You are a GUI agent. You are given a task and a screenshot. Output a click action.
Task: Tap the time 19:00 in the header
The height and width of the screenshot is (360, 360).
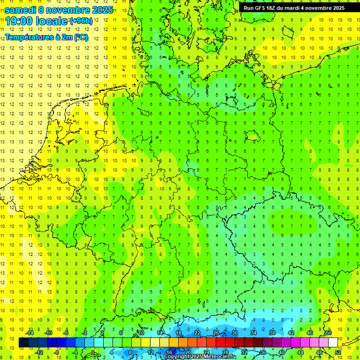pos(19,21)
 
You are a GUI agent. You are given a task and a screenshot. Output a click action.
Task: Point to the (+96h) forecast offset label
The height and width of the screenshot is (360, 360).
pos(81,21)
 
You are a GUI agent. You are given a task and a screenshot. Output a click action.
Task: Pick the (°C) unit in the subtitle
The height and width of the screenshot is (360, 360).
pos(80,37)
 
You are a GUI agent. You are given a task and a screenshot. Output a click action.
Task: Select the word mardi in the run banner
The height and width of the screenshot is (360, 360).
pos(294,8)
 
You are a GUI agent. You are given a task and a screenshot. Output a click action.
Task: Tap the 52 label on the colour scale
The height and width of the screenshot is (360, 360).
pos(338,352)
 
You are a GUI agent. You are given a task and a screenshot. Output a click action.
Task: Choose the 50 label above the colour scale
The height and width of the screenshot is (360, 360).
pos(329,333)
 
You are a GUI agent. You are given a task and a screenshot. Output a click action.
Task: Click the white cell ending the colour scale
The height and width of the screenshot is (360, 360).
pos(333,343)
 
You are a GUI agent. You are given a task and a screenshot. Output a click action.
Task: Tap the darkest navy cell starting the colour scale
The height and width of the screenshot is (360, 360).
pos(23,343)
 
